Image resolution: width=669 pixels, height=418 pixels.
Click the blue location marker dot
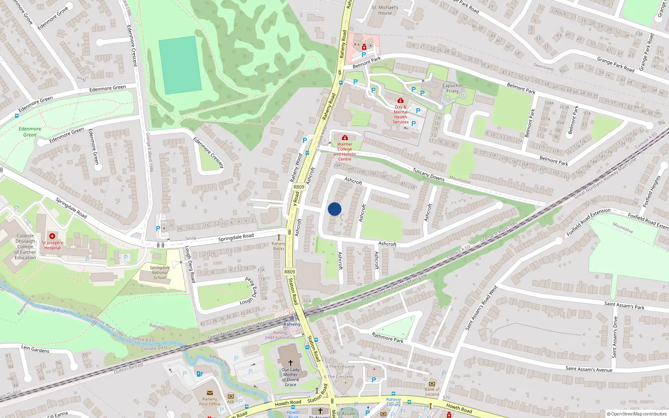pyautogui.click(x=334, y=209)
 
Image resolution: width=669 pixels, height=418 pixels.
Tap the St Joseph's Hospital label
pyautogui.click(x=52, y=245)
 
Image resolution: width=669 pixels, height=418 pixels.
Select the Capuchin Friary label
pyautogui.click(x=452, y=88)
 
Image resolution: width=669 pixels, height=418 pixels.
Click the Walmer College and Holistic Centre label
pyautogui.click(x=345, y=151)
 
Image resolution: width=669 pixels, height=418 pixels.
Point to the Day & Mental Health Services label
pyautogui.click(x=401, y=115)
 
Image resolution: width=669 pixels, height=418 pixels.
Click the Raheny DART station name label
pyautogui.click(x=292, y=324)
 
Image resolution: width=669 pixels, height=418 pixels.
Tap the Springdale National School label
pyautogui.click(x=160, y=273)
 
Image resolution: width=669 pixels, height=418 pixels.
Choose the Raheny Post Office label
pyautogui.click(x=209, y=402)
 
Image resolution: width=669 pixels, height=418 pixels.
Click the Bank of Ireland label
pyautogui.click(x=432, y=392)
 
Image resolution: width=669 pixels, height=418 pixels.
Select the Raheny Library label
pyautogui.click(x=393, y=402)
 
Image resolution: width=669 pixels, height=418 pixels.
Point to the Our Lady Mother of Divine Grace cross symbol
pyautogui.click(x=291, y=363)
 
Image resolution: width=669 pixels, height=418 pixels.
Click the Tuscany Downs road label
pyautogui.click(x=429, y=175)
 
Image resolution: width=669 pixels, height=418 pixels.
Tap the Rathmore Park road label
pyautogui.click(x=388, y=337)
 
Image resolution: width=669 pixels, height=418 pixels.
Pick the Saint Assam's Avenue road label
pyautogui.click(x=589, y=369)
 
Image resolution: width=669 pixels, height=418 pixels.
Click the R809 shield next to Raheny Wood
pyautogui.click(x=299, y=187)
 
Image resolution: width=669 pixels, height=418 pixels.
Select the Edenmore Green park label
pyautogui.click(x=30, y=132)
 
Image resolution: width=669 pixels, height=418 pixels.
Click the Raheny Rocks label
pyautogui.click(x=279, y=246)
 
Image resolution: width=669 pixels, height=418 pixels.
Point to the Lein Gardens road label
pyautogui.click(x=35, y=349)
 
